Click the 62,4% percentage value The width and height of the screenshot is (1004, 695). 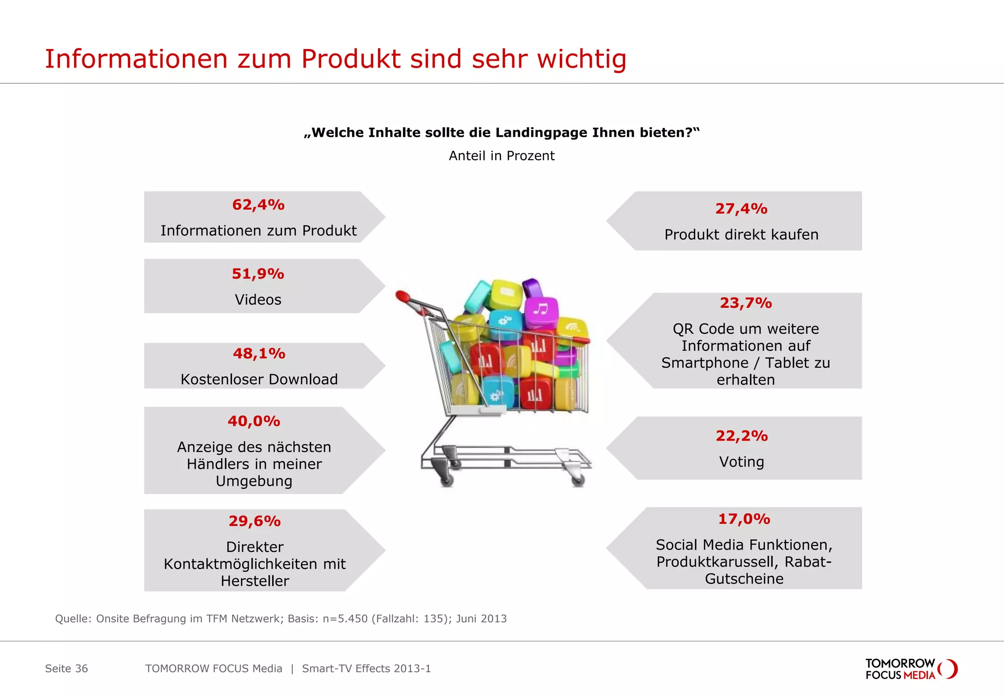pos(258,205)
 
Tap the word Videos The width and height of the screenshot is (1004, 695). pos(258,299)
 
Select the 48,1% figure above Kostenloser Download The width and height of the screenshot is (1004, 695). pos(259,353)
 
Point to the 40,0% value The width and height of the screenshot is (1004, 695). pos(254,421)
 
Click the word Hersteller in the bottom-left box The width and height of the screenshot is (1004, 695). pos(254,581)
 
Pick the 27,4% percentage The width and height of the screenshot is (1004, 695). pos(741,209)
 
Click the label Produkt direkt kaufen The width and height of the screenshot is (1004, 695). pos(741,235)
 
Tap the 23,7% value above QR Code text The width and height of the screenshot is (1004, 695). pos(746,303)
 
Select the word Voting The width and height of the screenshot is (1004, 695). pos(741,462)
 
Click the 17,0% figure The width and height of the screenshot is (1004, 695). pos(744,519)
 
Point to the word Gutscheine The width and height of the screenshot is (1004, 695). pos(744,579)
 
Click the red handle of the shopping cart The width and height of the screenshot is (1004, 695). pos(403,296)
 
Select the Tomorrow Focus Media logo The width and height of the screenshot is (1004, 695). pos(911,669)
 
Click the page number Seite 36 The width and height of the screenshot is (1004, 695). pos(66,669)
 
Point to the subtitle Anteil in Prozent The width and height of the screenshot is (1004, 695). pos(502,156)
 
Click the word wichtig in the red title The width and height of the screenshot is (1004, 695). pos(581,59)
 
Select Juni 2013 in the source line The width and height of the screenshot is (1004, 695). pos(481,619)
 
